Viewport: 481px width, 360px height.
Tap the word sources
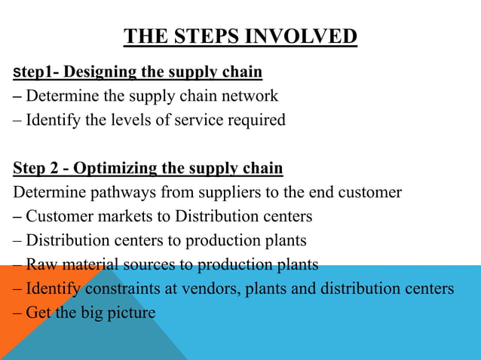(152, 264)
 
